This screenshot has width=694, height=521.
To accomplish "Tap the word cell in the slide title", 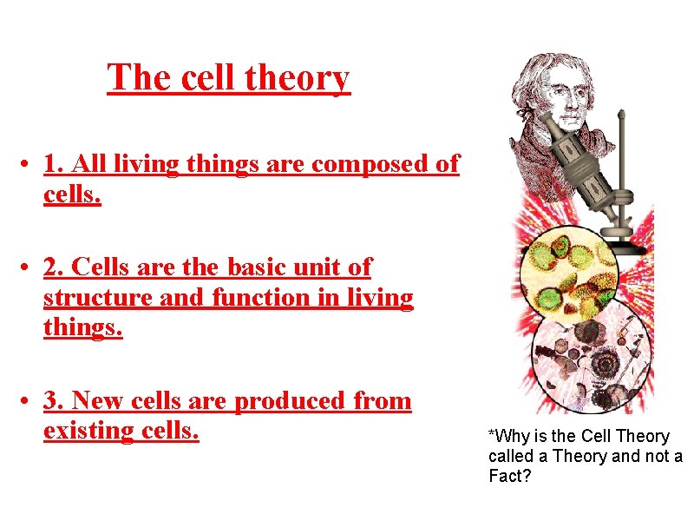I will click(207, 78).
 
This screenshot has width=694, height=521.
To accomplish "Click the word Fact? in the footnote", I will click(509, 477).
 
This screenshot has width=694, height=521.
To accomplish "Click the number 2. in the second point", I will click(55, 268).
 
